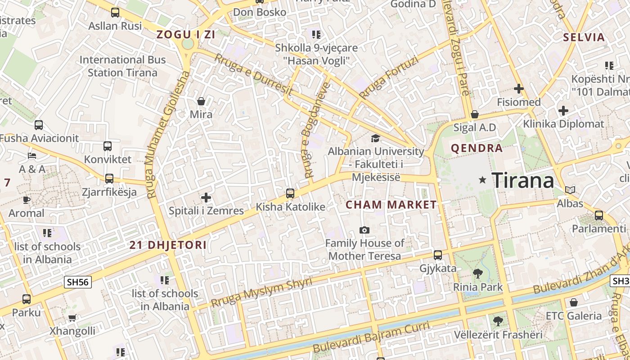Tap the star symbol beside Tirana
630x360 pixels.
483,180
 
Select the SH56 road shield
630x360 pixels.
78,282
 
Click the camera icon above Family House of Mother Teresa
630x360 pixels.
364,230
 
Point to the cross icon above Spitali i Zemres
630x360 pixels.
206,198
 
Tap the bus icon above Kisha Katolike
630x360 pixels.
290,193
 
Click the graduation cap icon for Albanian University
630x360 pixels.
375,138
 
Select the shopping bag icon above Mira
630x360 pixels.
201,101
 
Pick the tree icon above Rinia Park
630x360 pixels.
477,273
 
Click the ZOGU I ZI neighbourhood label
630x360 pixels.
185,34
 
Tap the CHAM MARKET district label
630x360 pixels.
391,205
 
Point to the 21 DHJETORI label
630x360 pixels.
168,245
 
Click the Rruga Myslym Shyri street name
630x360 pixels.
261,292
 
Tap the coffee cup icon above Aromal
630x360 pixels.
27,199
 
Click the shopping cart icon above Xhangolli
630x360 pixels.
72,318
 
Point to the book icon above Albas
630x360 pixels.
570,190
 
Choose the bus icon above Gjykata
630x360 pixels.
437,255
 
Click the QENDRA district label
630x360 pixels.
477,148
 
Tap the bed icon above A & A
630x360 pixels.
32,156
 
